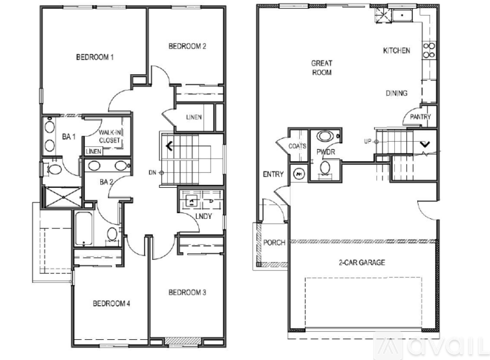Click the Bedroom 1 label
point(94,57)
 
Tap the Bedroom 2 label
point(187,46)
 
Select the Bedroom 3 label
point(187,292)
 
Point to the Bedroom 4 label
point(111,303)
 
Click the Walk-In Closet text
point(110,137)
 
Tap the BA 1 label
point(68,137)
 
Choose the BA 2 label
point(106,181)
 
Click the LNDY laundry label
point(203,216)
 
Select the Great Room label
point(321,68)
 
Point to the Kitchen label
point(396,50)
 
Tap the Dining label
point(396,93)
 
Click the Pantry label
point(420,117)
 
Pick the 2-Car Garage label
point(362,262)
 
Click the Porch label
point(274,243)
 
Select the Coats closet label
point(297,146)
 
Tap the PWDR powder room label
point(326,152)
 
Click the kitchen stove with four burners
point(429,50)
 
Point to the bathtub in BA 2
point(84,228)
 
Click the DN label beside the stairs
point(152,172)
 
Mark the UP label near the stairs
point(367,141)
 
